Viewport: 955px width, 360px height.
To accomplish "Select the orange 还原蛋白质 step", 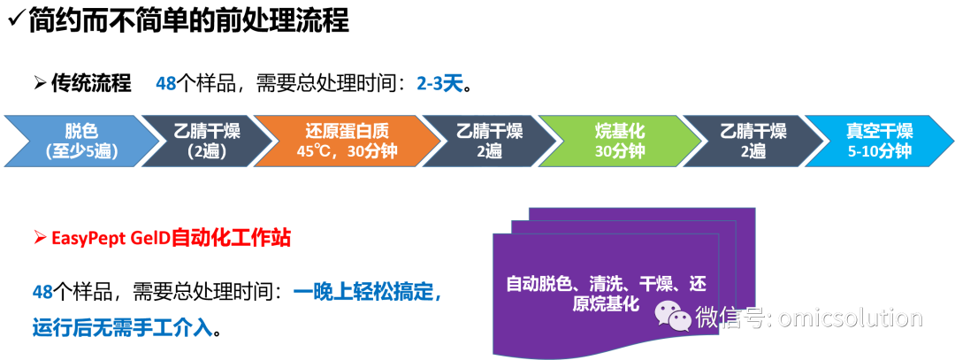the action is [347, 141].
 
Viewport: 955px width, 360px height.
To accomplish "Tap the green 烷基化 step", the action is [619, 141].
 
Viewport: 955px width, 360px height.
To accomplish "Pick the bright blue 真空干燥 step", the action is [879, 141].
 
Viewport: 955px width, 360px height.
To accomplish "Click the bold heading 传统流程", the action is [91, 84].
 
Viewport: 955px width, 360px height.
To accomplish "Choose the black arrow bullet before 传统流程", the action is [40, 84].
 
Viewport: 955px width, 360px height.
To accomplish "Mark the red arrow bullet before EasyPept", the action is [40, 238].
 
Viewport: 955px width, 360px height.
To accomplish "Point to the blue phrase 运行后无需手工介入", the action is [122, 328].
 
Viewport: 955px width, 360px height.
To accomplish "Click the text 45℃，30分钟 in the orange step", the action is [347, 151].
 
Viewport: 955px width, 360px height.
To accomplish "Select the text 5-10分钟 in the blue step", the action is [879, 151].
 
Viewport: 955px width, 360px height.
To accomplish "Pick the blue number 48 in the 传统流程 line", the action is [165, 84].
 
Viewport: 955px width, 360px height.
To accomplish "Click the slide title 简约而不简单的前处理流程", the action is [188, 19].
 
